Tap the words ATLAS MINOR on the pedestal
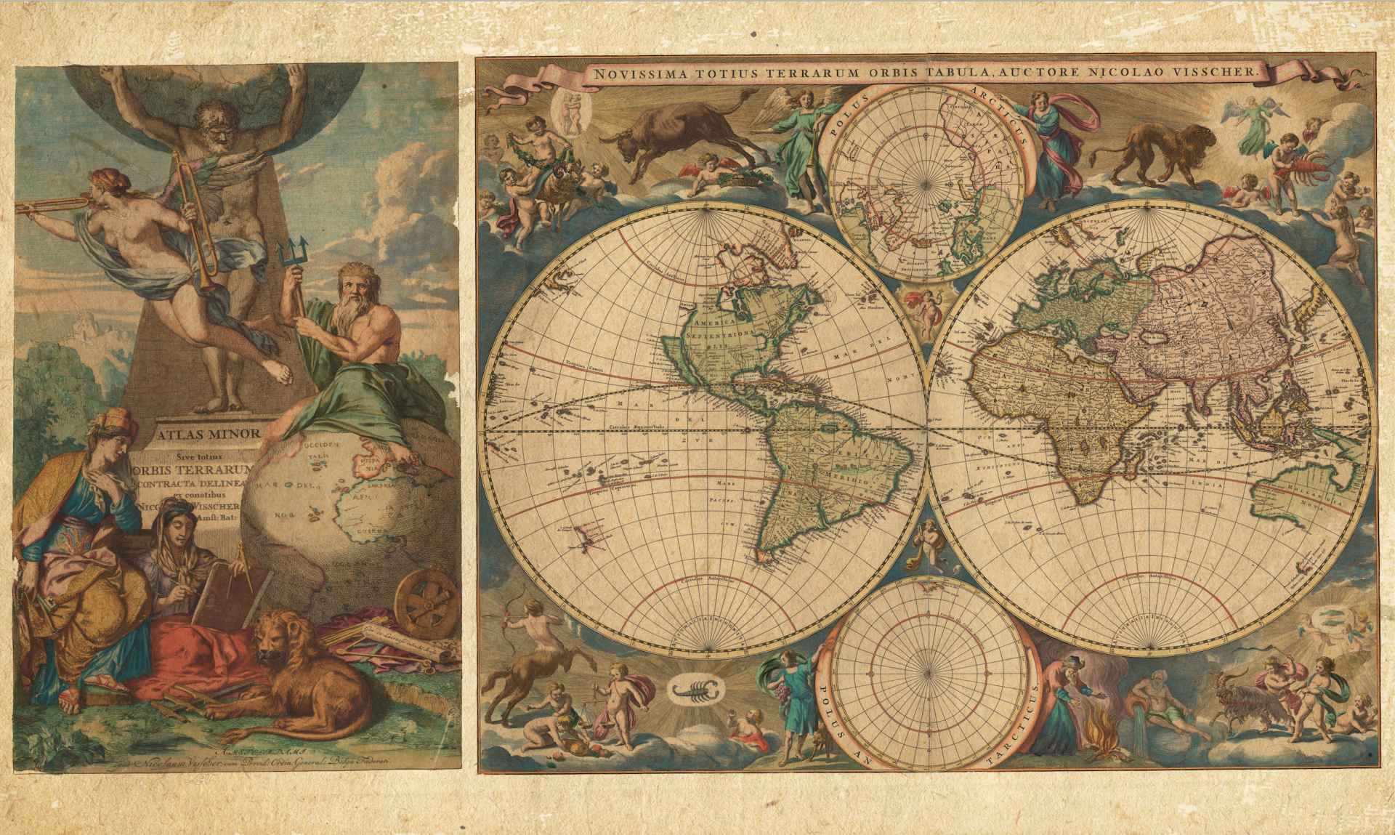tap(208, 434)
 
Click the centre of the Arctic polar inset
tap(926, 184)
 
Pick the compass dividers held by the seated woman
tap(243, 568)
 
